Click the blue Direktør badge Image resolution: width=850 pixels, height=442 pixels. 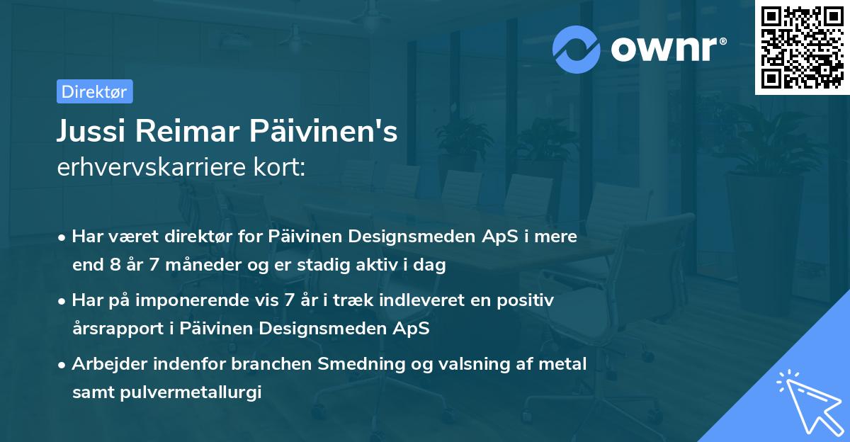(94, 91)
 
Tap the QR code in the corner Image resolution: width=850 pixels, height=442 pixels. (802, 47)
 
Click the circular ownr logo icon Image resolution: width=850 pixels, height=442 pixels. (577, 50)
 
